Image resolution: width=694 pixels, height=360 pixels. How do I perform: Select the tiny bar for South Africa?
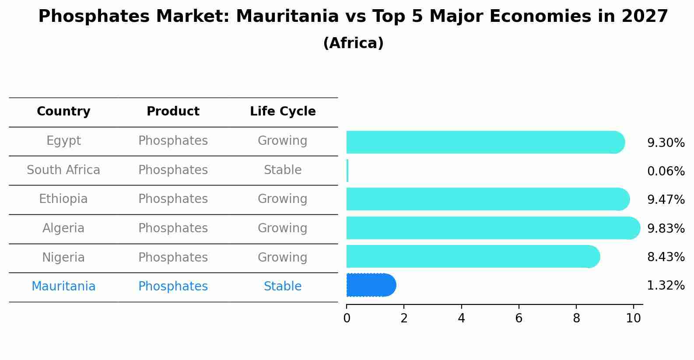(347, 171)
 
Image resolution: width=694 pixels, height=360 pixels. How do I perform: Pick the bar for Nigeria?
(473, 256)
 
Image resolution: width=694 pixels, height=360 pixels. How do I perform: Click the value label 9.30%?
(666, 143)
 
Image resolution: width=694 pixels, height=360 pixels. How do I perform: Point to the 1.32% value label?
(666, 286)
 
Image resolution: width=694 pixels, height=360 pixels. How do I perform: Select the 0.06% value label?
(666, 171)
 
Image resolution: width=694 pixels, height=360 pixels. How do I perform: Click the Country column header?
(63, 112)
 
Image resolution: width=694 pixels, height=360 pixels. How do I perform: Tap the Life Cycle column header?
(283, 112)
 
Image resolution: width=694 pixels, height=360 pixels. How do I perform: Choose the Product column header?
(173, 112)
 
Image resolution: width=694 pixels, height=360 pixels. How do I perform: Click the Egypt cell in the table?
(63, 141)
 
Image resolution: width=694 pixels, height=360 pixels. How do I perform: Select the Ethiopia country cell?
(63, 199)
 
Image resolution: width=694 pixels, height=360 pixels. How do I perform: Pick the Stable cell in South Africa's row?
(283, 170)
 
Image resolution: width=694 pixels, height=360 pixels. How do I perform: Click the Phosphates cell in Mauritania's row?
(173, 287)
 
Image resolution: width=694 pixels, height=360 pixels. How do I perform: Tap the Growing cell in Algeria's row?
(283, 228)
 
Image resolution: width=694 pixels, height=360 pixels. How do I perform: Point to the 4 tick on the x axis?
(461, 318)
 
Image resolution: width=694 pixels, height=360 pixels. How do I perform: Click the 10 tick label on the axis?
(633, 318)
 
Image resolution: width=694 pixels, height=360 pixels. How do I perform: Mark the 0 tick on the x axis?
(347, 318)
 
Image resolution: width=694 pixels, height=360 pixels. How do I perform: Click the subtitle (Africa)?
(353, 43)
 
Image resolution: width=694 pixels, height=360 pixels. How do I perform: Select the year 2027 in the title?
(645, 17)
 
